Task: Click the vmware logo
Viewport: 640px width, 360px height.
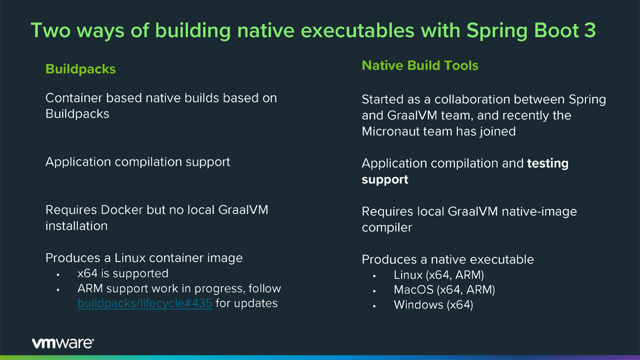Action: [x=63, y=343]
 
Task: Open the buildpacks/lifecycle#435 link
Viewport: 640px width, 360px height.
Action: [x=145, y=303]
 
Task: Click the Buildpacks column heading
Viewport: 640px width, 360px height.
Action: [x=80, y=69]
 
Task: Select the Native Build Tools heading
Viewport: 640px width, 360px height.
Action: [x=419, y=65]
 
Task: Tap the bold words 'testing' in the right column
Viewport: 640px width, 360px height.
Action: [x=547, y=164]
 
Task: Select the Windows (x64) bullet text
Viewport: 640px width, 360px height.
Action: [x=433, y=305]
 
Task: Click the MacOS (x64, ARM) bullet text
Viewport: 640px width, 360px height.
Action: [x=444, y=290]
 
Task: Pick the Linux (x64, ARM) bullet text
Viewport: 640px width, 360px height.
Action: [x=439, y=275]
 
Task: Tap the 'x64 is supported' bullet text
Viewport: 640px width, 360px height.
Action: [x=123, y=273]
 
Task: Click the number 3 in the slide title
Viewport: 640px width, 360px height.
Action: [x=589, y=31]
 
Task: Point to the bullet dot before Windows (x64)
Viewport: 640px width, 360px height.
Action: [x=374, y=306]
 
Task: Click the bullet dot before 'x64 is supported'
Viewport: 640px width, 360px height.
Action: [x=58, y=274]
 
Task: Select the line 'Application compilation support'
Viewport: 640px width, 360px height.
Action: [x=137, y=162]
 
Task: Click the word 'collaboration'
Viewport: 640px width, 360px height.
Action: [x=472, y=99]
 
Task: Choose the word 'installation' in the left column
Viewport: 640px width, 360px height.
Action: [x=76, y=226]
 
